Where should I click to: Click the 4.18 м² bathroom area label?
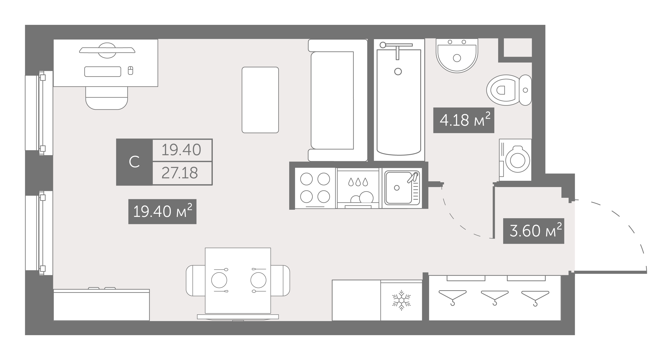tap(464, 120)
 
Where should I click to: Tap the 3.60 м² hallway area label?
tap(533, 231)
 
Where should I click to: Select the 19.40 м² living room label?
tap(162, 211)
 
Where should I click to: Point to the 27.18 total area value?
tap(180, 173)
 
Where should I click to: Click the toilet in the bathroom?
tap(509, 90)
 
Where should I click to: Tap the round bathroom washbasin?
tap(457, 56)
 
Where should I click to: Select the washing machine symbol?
tap(515, 160)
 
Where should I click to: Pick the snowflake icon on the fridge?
tap(401, 300)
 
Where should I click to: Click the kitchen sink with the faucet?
tap(402, 188)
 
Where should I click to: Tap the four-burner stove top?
tap(315, 188)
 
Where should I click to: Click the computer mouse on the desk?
tap(131, 70)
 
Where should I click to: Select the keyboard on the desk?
tap(102, 71)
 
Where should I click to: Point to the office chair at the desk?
tap(107, 98)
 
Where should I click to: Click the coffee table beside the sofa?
tap(260, 100)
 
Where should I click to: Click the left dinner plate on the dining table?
tap(219, 280)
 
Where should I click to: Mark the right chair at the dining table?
tap(280, 280)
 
